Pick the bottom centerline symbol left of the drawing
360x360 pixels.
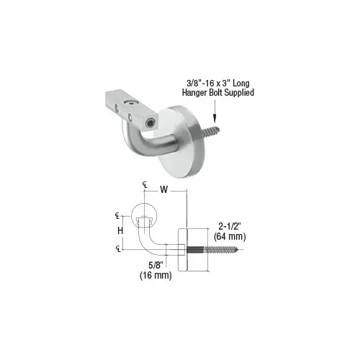(117, 249)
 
